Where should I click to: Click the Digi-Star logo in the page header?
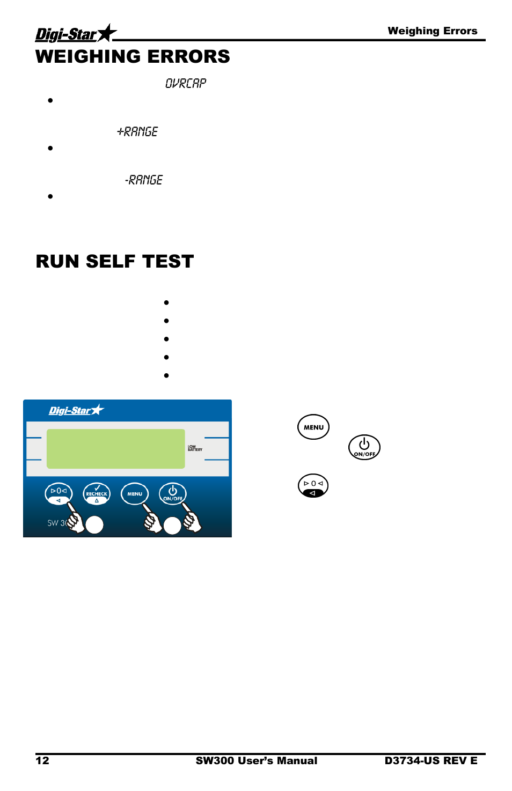[75, 34]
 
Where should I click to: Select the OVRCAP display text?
[186, 83]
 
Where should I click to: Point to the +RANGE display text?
[138, 131]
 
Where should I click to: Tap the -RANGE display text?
[144, 180]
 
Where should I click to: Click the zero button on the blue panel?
[58, 493]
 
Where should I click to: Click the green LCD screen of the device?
[115, 449]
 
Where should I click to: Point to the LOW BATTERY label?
[195, 448]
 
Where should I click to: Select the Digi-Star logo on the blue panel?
[76, 410]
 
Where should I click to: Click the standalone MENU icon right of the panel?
[313, 427]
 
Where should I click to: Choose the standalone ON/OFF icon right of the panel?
[364, 447]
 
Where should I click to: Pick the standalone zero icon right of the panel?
[313, 486]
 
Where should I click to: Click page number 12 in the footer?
[42, 760]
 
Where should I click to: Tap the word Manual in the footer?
[298, 760]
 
